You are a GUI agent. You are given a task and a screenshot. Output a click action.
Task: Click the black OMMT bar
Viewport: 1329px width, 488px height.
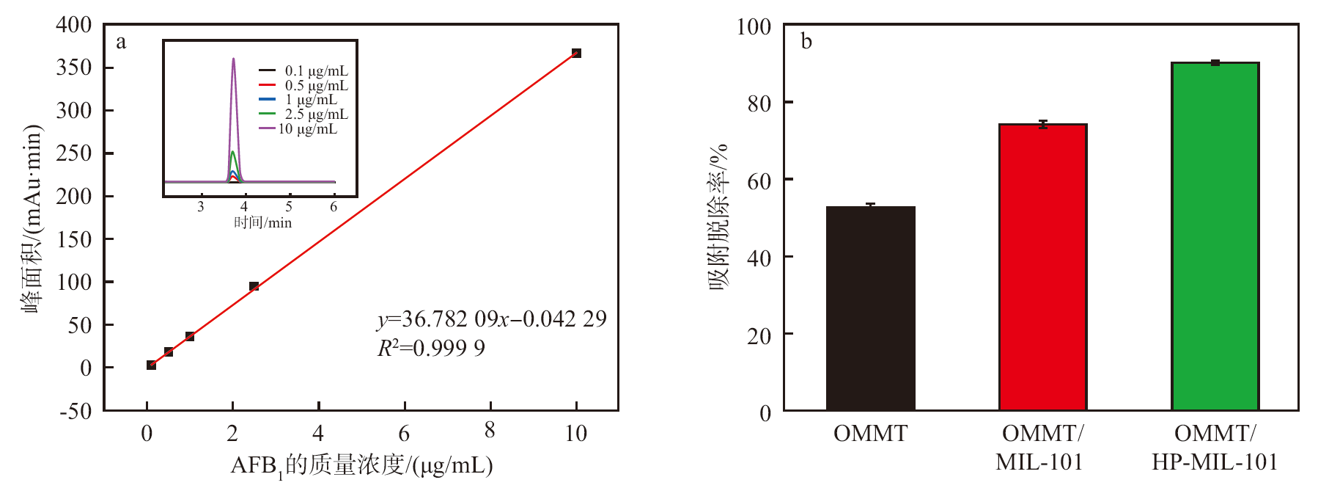pyautogui.click(x=870, y=308)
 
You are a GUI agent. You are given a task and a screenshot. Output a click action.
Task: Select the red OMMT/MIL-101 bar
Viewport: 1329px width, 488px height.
pyautogui.click(x=1042, y=267)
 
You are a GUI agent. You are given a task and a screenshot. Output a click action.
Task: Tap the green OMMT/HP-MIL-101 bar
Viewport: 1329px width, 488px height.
pyautogui.click(x=1215, y=236)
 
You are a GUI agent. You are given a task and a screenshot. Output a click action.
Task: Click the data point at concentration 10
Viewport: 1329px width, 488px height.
pyautogui.click(x=576, y=53)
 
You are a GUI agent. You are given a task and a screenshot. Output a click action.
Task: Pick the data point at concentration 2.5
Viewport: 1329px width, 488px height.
pyautogui.click(x=254, y=286)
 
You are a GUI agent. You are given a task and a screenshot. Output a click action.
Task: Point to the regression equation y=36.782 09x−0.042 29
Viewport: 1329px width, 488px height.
pyautogui.click(x=491, y=319)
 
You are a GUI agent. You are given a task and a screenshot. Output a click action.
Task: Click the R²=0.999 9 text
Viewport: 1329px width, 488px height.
pyautogui.click(x=431, y=348)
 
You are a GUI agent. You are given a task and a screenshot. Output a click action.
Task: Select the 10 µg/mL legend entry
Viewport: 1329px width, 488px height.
pyautogui.click(x=308, y=129)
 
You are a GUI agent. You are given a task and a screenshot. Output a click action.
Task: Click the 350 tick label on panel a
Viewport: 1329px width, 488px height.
pyautogui.click(x=74, y=68)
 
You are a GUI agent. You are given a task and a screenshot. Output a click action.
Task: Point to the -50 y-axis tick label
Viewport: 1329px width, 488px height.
pyautogui.click(x=76, y=411)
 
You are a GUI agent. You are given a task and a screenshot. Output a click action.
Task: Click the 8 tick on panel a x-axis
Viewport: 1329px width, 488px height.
pyautogui.click(x=490, y=431)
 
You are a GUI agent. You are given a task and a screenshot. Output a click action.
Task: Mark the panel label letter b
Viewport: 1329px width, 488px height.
pyautogui.click(x=806, y=42)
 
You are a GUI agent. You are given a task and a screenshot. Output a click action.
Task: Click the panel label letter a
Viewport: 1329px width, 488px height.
pyautogui.click(x=121, y=42)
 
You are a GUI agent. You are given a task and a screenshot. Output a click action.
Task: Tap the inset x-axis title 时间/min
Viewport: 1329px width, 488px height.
pyautogui.click(x=262, y=222)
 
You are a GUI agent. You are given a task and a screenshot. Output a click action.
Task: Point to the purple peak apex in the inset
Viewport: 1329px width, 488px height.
pyautogui.click(x=234, y=59)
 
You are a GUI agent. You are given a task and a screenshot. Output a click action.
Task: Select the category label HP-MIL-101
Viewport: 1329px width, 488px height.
pyautogui.click(x=1215, y=462)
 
